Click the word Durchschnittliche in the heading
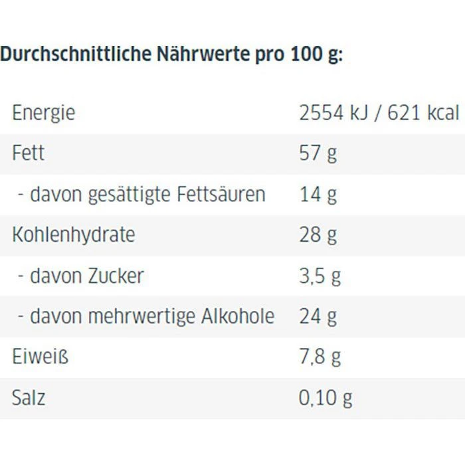pyautogui.click(x=76, y=54)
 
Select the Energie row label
pyautogui.click(x=44, y=113)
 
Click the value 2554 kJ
pyautogui.click(x=331, y=113)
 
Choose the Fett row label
pyautogui.click(x=29, y=153)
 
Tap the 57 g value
pyautogui.click(x=318, y=153)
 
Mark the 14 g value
pyautogui.click(x=318, y=194)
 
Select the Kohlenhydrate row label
pyautogui.click(x=73, y=234)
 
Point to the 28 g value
pyautogui.click(x=318, y=234)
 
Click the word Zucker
pyautogui.click(x=116, y=276)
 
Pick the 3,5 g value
pyautogui.click(x=320, y=276)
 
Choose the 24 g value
pyautogui.click(x=318, y=316)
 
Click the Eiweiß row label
pyautogui.click(x=41, y=357)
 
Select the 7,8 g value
pyautogui.click(x=320, y=357)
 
